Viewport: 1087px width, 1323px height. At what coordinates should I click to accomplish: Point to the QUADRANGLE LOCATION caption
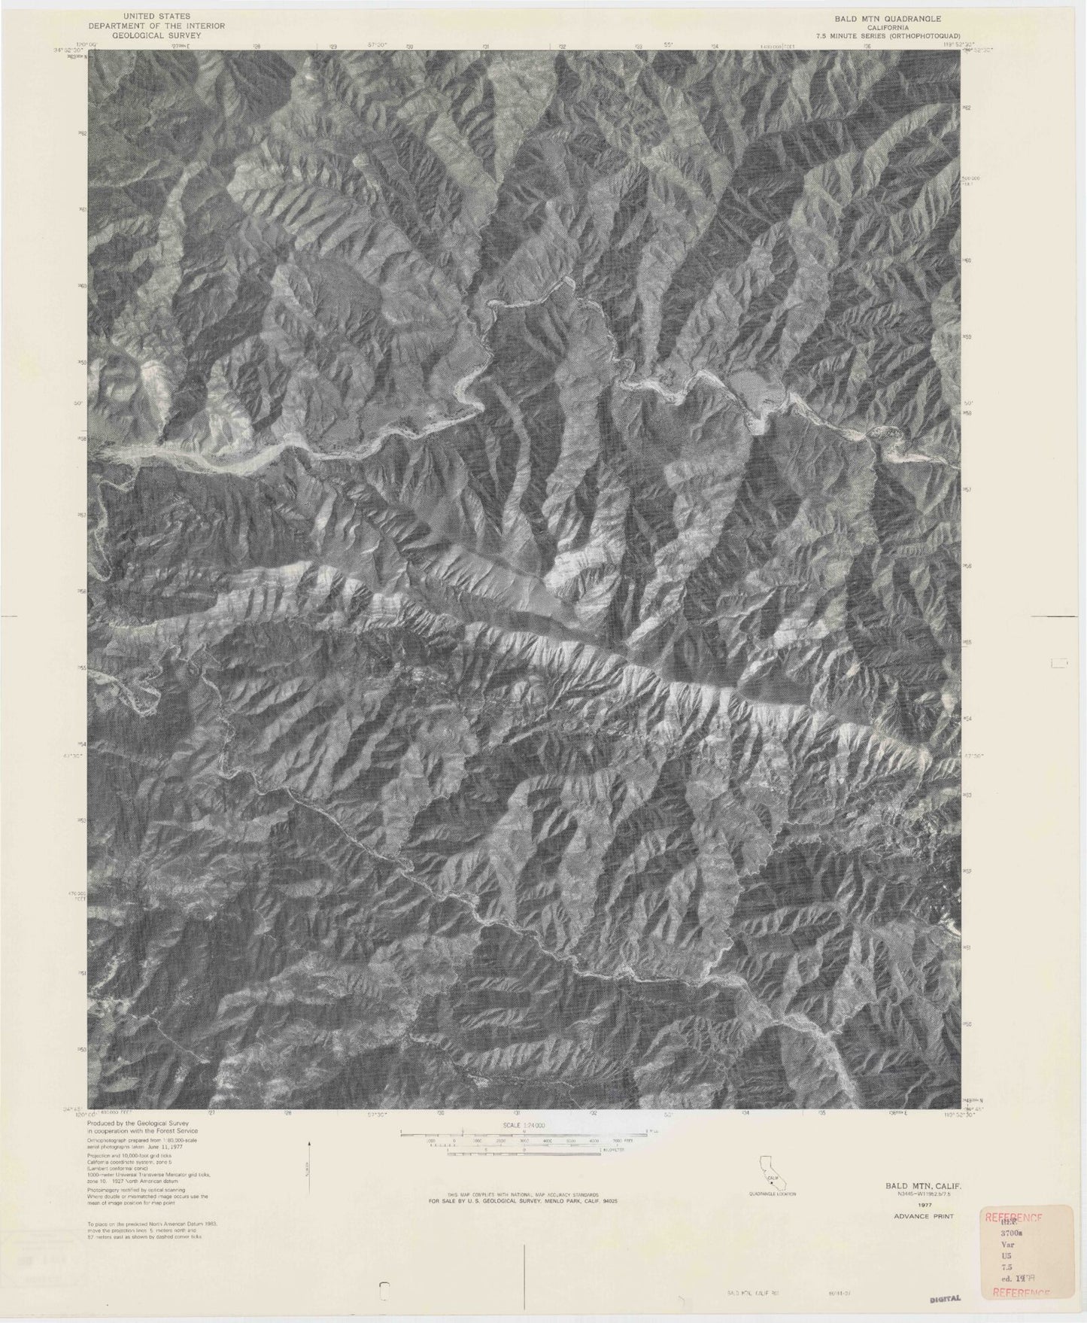[772, 1194]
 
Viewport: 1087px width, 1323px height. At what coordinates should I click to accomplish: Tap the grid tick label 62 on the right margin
[968, 108]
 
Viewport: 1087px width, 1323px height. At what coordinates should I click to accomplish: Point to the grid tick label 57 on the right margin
[969, 489]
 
